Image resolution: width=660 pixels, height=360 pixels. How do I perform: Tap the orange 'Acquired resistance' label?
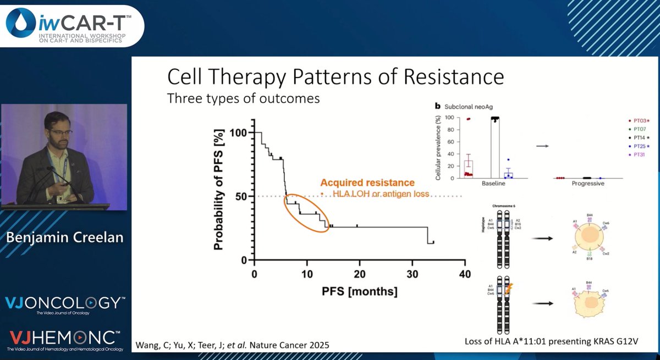[367, 183]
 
